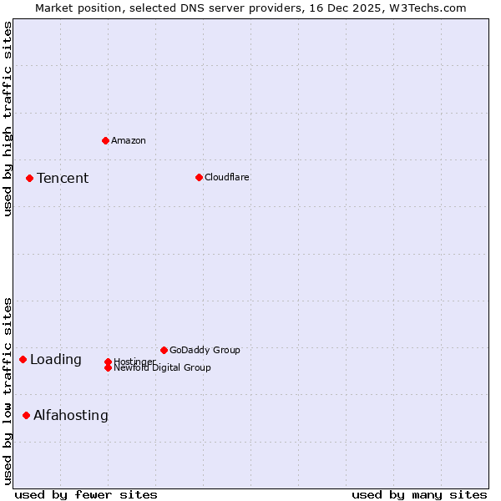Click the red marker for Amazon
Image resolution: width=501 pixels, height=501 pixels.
pyautogui.click(x=105, y=140)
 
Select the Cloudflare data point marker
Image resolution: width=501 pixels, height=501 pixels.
pyautogui.click(x=199, y=177)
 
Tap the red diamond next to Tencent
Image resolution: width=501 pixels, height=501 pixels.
pyautogui.click(x=29, y=178)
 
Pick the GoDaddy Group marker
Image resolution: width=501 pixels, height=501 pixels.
pyautogui.click(x=164, y=350)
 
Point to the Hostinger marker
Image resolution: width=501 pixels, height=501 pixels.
pyautogui.click(x=108, y=362)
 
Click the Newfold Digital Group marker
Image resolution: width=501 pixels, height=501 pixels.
pyautogui.click(x=108, y=368)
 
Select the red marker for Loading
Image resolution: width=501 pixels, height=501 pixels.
pyautogui.click(x=23, y=359)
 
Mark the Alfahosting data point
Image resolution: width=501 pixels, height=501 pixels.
pyautogui.click(x=26, y=415)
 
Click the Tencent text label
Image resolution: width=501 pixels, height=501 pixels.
pyautogui.click(x=63, y=178)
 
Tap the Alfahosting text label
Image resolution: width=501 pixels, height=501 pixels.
pyautogui.click(x=71, y=415)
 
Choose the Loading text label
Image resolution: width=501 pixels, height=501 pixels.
pyautogui.click(x=56, y=360)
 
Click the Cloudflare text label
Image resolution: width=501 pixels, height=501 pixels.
pyautogui.click(x=227, y=177)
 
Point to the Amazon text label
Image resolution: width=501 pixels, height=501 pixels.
pyautogui.click(x=129, y=140)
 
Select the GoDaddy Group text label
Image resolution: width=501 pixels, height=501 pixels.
pyautogui.click(x=205, y=350)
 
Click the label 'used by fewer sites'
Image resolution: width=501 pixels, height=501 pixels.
pyautogui.click(x=86, y=494)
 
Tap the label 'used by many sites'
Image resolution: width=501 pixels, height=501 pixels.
pyautogui.click(x=419, y=494)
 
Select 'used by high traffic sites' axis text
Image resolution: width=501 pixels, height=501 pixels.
pyautogui.click(x=8, y=119)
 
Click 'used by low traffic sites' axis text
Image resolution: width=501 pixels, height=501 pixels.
pyautogui.click(x=8, y=390)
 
